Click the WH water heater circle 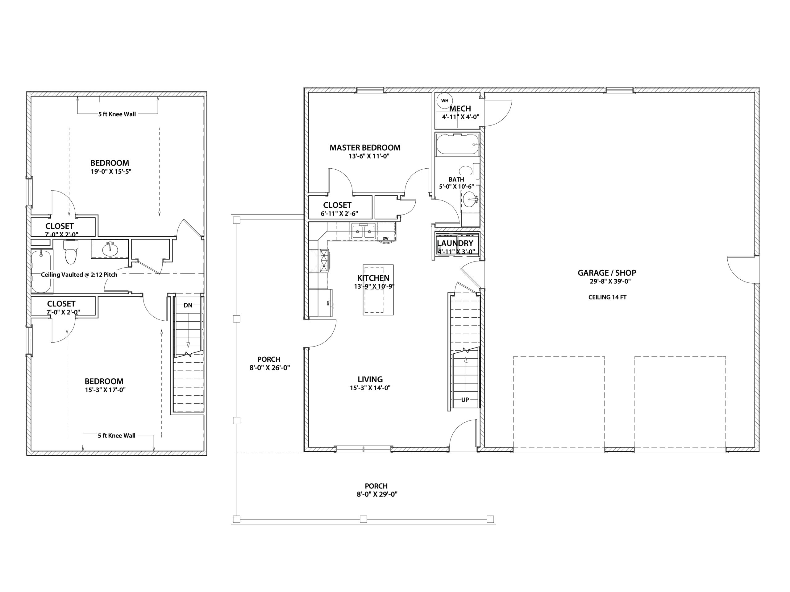click(445, 101)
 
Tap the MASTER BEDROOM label click(365, 148)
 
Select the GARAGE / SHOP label click(607, 273)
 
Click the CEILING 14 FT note click(607, 297)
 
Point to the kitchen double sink click(363, 231)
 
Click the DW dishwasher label click(385, 238)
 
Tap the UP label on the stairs click(465, 400)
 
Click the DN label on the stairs click(188, 305)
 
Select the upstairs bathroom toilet click(71, 252)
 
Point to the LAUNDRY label click(455, 243)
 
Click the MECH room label click(460, 109)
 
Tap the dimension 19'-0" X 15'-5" click(111, 171)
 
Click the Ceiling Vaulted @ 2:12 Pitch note click(79, 275)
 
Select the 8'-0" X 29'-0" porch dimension click(377, 494)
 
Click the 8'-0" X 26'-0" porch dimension click(270, 368)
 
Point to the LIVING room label click(370, 380)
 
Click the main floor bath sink click(470, 199)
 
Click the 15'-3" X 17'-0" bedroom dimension click(105, 390)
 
